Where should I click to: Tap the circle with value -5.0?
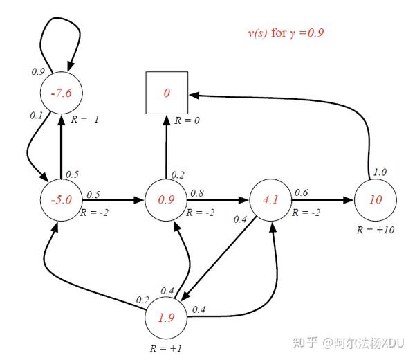click(x=62, y=200)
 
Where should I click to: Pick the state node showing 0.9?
click(x=167, y=200)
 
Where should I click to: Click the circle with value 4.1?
click(x=270, y=200)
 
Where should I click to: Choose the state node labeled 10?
click(x=376, y=200)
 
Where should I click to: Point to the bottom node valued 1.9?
click(x=165, y=319)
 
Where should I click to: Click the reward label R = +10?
click(x=376, y=230)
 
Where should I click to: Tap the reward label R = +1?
click(x=166, y=348)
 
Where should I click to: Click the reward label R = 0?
click(x=187, y=120)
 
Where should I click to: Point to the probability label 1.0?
click(x=380, y=172)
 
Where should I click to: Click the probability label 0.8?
click(x=196, y=193)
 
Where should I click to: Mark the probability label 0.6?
click(x=302, y=193)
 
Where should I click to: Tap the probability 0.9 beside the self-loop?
click(x=39, y=71)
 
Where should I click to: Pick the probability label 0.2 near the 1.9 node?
click(x=142, y=299)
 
